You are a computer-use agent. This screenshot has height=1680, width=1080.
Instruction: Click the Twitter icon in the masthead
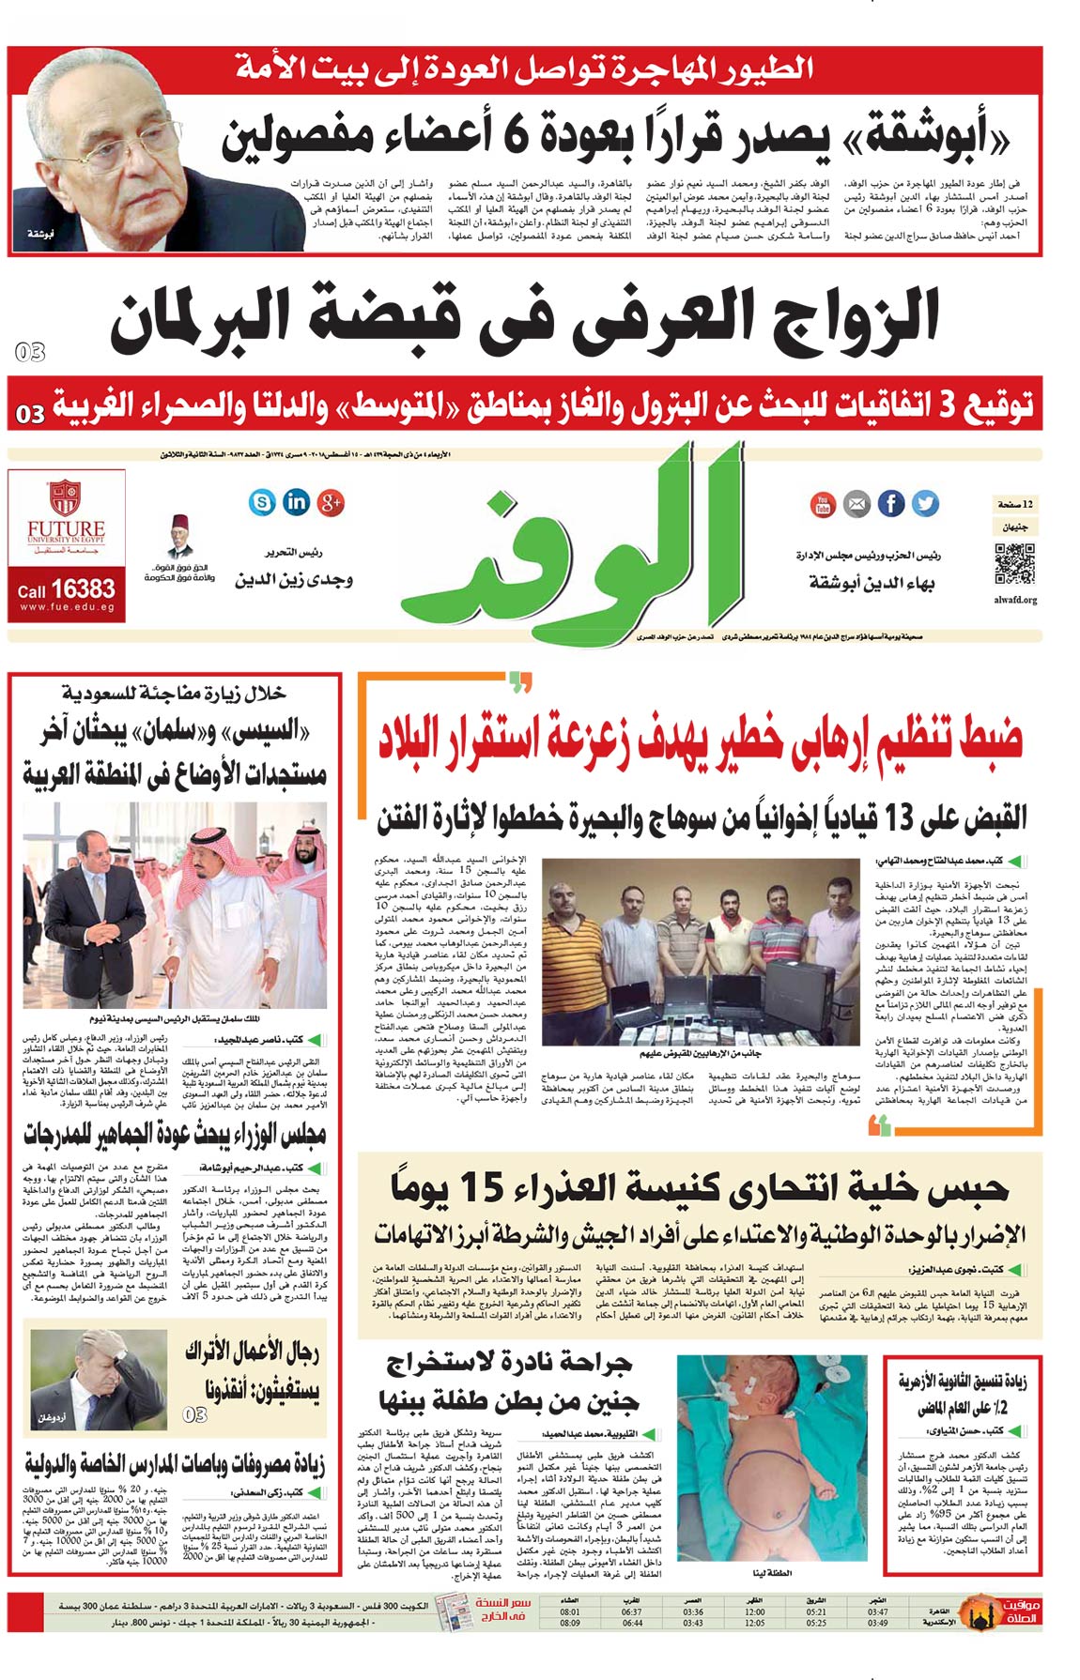925,504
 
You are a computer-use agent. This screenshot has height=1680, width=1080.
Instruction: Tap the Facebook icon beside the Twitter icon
891,504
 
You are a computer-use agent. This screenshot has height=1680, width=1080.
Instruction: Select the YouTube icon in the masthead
823,504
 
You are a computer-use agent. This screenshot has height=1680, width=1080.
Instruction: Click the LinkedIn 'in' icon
296,501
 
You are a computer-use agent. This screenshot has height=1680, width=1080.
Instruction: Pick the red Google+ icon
331,502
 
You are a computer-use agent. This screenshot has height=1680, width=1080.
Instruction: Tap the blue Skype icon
261,502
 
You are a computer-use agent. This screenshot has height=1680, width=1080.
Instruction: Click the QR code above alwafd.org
1014,563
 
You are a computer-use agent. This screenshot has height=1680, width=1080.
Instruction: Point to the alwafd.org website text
1014,600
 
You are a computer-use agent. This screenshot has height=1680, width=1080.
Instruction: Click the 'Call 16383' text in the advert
66,589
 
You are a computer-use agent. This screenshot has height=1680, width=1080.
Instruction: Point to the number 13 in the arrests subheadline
899,818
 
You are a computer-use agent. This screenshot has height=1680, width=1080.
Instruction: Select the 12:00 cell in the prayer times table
754,1612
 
